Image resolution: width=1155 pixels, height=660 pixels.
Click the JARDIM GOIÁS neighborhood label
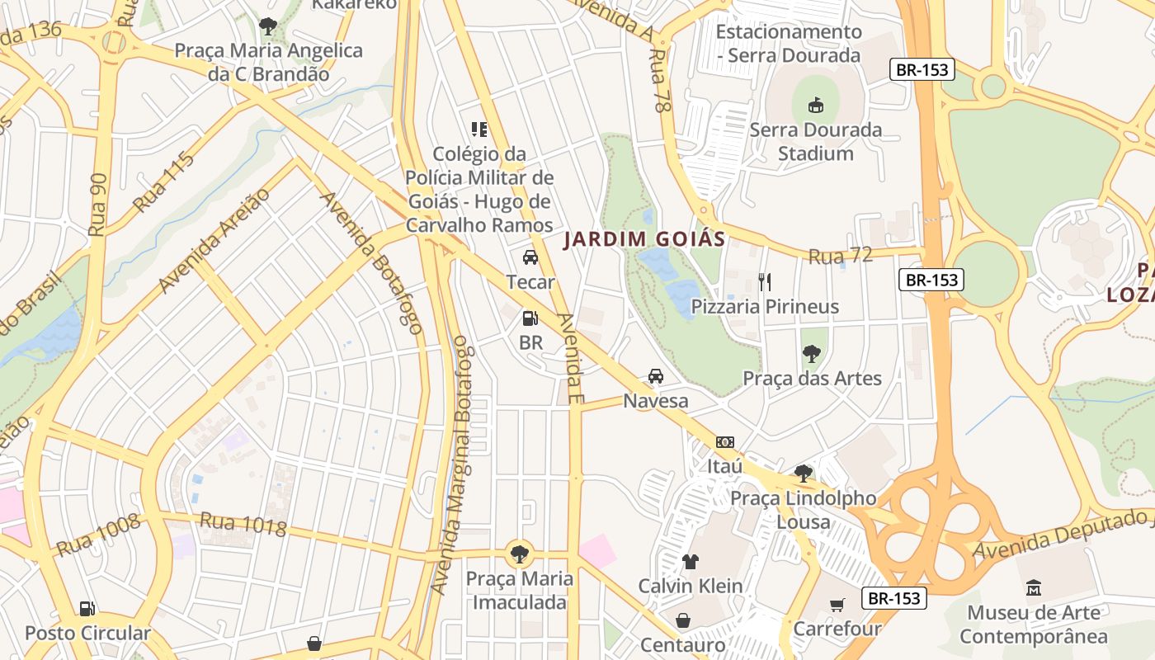point(644,240)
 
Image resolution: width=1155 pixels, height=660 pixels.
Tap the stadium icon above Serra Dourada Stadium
point(816,105)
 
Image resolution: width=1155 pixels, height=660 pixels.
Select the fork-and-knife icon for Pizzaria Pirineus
point(765,282)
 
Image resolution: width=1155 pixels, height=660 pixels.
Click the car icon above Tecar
point(530,257)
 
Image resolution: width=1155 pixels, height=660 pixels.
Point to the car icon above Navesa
point(656,376)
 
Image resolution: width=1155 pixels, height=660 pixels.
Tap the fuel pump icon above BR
point(530,318)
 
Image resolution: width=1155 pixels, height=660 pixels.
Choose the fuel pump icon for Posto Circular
point(87,609)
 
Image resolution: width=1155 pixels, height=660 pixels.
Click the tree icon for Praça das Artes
point(812,354)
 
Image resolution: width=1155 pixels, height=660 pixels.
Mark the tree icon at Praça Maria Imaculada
point(519,554)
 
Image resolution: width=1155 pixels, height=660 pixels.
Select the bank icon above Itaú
point(724,442)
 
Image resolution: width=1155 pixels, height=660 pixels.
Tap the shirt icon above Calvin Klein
point(691,562)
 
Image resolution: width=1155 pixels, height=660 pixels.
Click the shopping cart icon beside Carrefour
point(837,605)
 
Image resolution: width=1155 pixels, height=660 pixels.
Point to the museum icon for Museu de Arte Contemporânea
point(1034,588)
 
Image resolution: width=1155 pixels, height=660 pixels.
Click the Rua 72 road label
point(841,256)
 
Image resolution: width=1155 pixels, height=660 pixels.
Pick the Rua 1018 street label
point(243,524)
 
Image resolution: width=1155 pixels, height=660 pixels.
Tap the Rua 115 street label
point(163,181)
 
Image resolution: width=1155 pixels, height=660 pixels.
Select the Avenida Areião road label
point(214,240)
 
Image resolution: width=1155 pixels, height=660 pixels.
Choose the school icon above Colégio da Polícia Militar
point(479,130)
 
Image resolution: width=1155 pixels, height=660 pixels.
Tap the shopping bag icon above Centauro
point(683,620)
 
